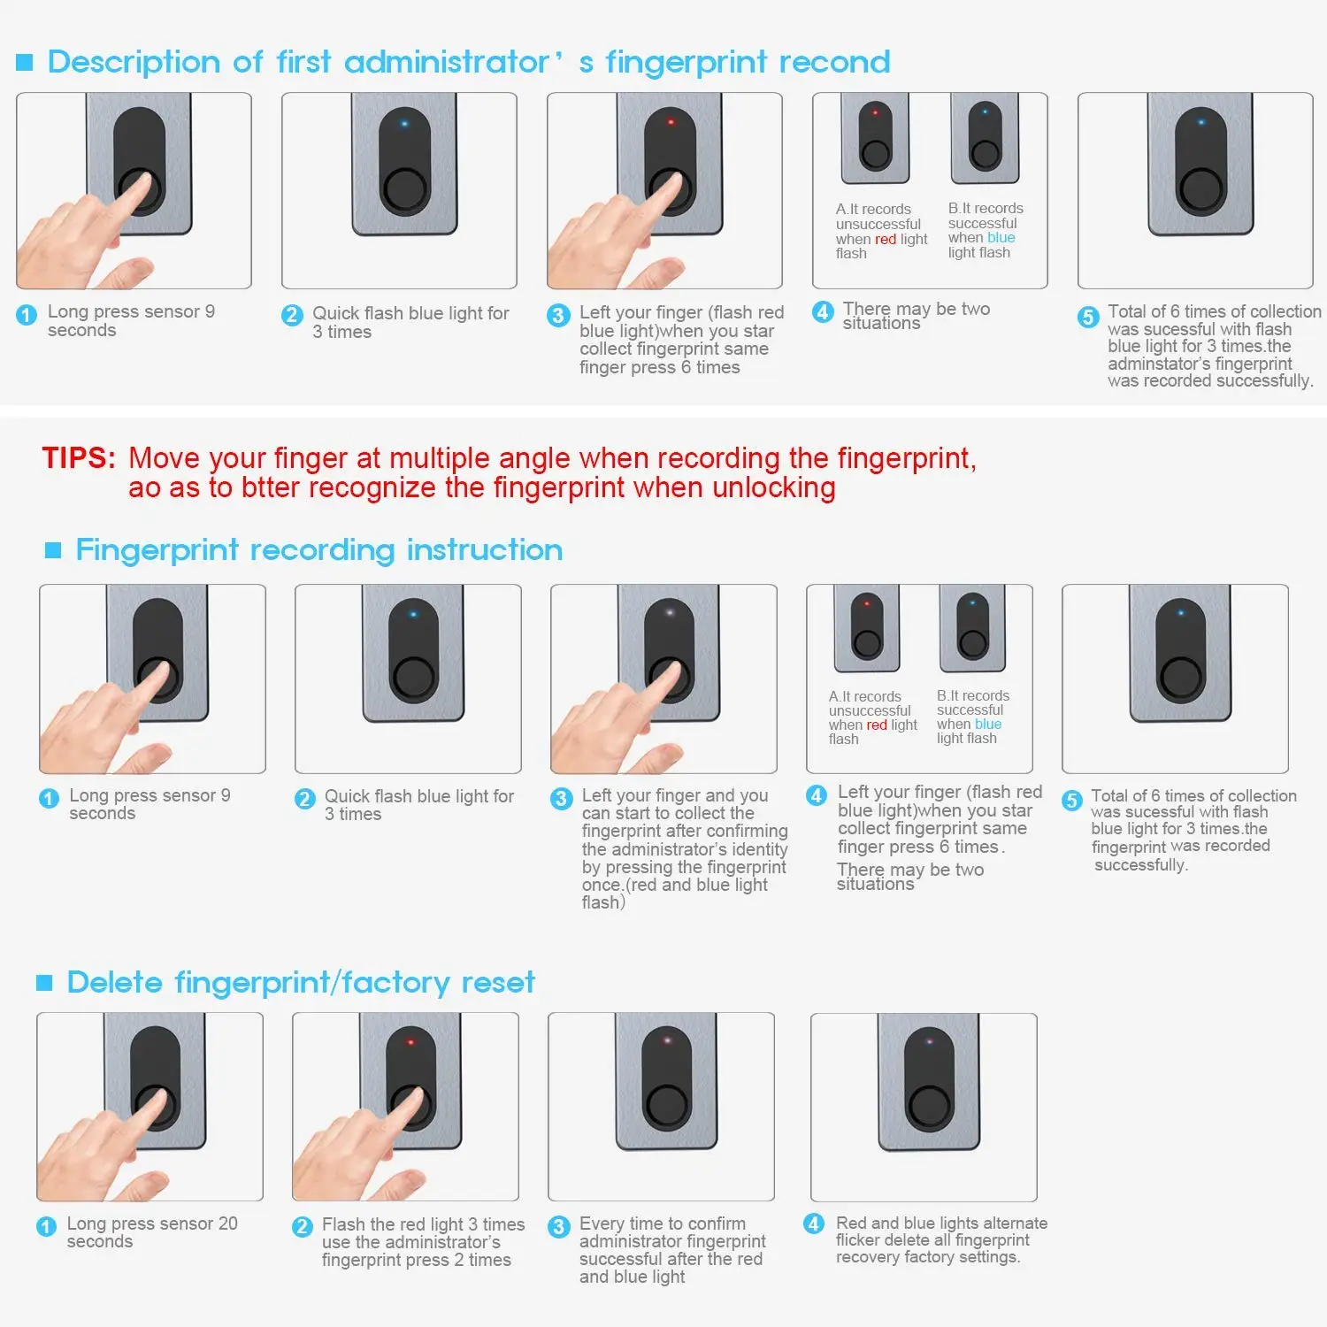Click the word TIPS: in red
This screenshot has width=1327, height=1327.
[x=79, y=458]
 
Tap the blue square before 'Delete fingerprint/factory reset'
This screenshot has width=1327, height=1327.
[x=44, y=983]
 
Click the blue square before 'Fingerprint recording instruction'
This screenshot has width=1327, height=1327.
[x=53, y=550]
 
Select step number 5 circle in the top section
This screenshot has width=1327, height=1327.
[x=1088, y=317]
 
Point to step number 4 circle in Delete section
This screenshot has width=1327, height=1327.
[x=814, y=1223]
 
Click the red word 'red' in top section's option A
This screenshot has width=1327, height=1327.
[x=886, y=239]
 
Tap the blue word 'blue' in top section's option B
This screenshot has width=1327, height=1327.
[x=1001, y=237]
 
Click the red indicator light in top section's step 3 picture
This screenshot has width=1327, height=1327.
[x=671, y=122]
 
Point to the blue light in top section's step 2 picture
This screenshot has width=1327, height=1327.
[x=405, y=123]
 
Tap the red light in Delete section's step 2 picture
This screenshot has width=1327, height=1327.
[x=410, y=1042]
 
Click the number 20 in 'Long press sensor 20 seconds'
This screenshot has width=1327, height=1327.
[x=227, y=1223]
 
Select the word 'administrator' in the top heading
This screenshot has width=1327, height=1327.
[x=448, y=62]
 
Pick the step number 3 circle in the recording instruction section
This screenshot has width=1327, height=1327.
[x=561, y=799]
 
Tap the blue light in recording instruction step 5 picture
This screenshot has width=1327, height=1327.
[x=1181, y=612]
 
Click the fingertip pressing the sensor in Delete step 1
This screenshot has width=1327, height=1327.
[x=159, y=1102]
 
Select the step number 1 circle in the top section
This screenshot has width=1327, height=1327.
[x=27, y=315]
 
